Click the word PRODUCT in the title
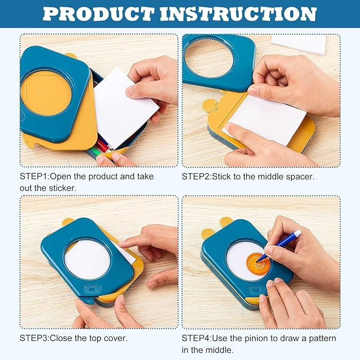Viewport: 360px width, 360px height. pyautogui.click(x=99, y=14)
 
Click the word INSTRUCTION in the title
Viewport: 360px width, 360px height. pyautogui.click(x=239, y=14)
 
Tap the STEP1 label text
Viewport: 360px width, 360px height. pyautogui.click(x=34, y=176)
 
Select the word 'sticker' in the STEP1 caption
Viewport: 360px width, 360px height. pyautogui.click(x=62, y=188)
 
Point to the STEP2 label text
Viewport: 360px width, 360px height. pyautogui.click(x=196, y=176)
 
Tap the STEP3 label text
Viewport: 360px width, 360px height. pyautogui.click(x=34, y=338)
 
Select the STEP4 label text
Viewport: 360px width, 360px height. pyautogui.click(x=196, y=338)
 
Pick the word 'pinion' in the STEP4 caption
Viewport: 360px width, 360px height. pyautogui.click(x=256, y=338)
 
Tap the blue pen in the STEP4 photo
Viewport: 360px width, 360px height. pyautogui.click(x=279, y=246)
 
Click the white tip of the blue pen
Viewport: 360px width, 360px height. pyautogui.click(x=298, y=233)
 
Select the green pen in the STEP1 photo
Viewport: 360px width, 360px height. pyautogui.click(x=96, y=152)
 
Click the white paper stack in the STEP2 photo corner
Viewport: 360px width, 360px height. pyautogui.click(x=299, y=45)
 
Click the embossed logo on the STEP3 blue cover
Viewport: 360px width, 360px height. pyautogui.click(x=93, y=290)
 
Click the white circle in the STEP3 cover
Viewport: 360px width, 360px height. pyautogui.click(x=87, y=259)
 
